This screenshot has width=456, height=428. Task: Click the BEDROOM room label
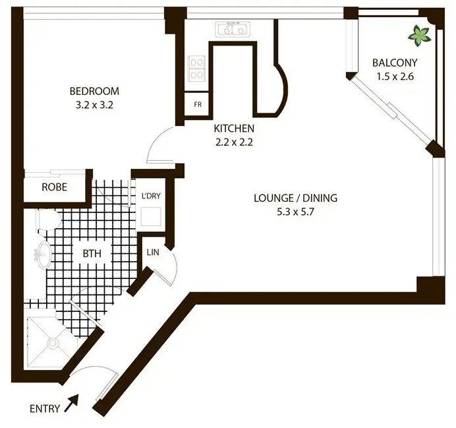tap(94, 91)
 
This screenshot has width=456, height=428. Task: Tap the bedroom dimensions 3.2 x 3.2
tap(94, 104)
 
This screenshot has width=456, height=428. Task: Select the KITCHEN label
tap(233, 129)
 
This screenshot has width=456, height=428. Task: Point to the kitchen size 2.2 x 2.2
tap(233, 142)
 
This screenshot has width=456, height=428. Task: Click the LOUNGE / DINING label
tap(296, 198)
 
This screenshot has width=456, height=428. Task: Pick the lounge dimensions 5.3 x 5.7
tap(296, 212)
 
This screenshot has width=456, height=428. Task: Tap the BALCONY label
tap(395, 63)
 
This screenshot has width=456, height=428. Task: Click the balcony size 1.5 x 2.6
tap(395, 76)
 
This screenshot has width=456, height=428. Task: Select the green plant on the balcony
tap(418, 35)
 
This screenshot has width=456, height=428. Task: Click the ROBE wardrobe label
tap(54, 187)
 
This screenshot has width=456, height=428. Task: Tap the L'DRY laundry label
tap(151, 196)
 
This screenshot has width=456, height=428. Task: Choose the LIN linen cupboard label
tap(152, 252)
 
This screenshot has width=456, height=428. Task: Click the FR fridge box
tap(197, 105)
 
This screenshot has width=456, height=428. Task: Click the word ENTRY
tap(45, 409)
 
